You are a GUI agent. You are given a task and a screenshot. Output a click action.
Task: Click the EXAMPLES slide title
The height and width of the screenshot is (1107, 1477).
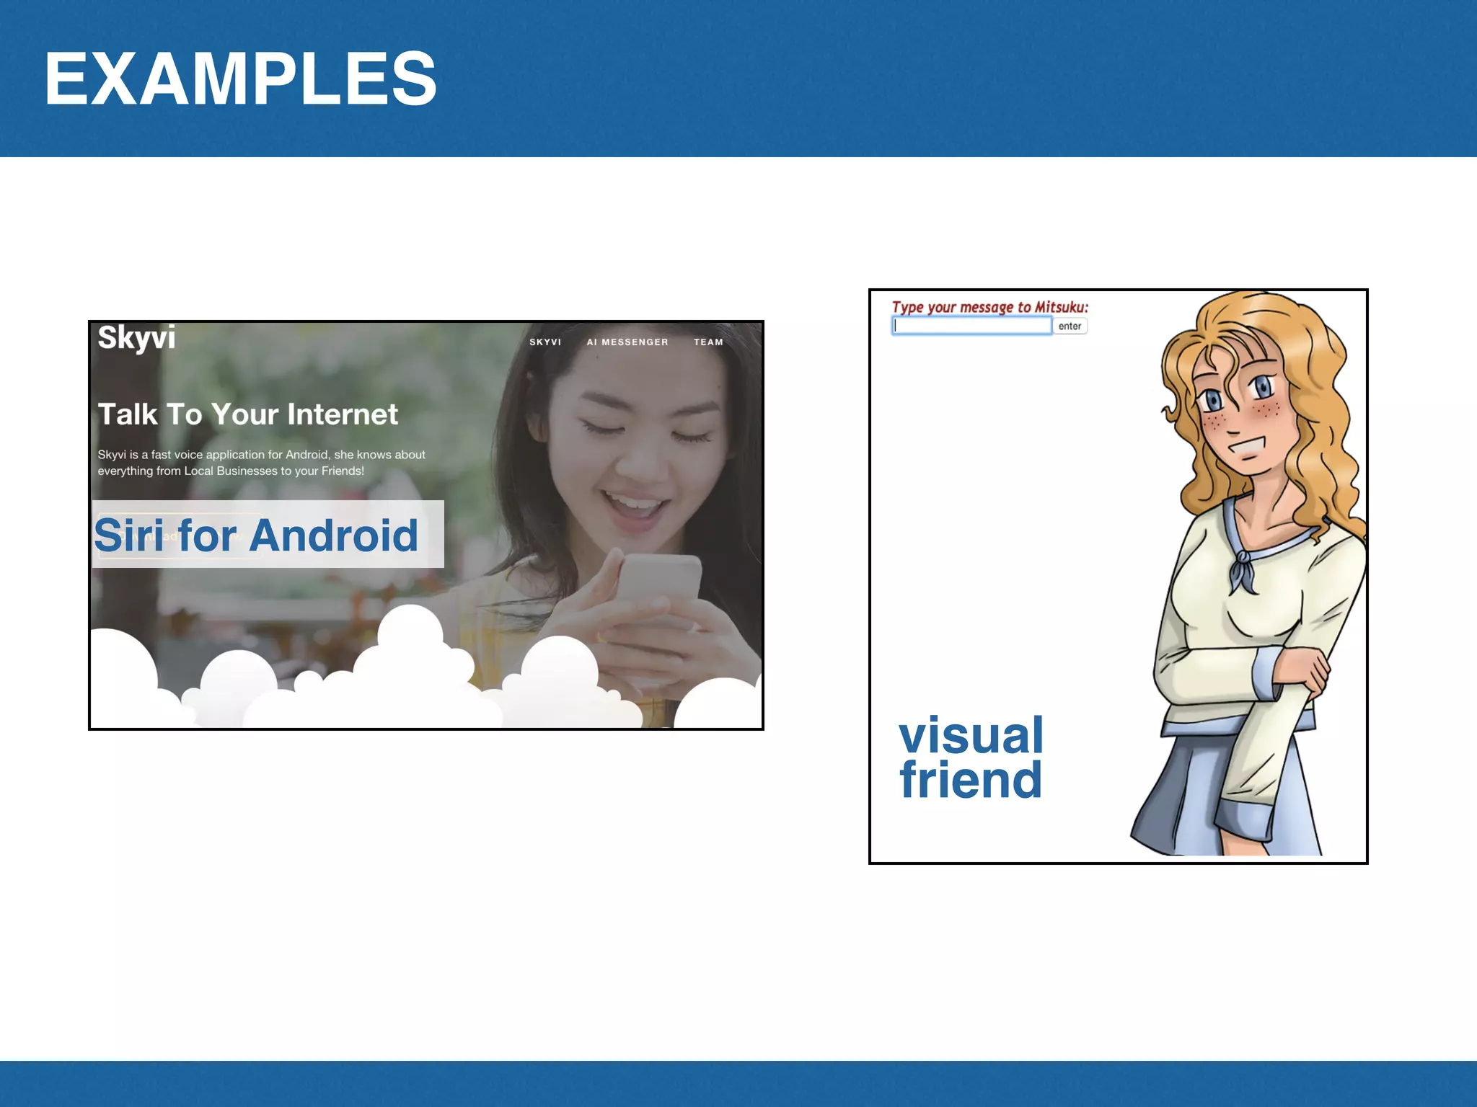(x=240, y=79)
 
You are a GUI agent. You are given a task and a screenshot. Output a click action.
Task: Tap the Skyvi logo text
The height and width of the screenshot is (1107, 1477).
(x=136, y=337)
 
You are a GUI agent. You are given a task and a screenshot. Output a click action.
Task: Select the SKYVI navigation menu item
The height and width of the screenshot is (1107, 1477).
(x=545, y=342)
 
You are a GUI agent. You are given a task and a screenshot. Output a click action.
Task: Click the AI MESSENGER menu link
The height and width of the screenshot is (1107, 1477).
(x=627, y=342)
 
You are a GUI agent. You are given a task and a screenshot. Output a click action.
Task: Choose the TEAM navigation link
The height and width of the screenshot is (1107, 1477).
(x=708, y=342)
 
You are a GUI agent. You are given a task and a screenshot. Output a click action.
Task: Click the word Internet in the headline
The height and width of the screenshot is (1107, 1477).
(x=343, y=414)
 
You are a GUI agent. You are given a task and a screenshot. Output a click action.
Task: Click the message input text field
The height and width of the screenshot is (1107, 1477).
(x=971, y=326)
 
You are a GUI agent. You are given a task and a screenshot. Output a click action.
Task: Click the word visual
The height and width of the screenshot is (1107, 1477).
(x=971, y=735)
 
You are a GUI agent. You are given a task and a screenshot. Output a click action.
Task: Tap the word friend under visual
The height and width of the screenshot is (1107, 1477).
(x=971, y=780)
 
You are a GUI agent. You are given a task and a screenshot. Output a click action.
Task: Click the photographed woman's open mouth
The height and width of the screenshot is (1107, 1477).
(x=635, y=504)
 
